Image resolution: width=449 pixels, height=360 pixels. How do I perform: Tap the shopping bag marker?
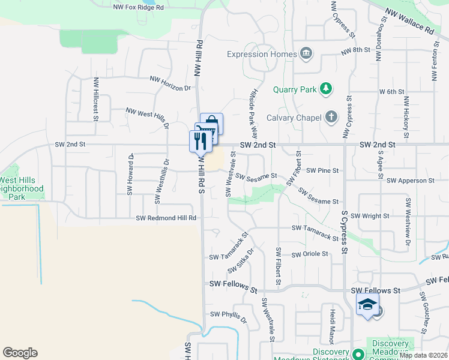(x=212, y=124)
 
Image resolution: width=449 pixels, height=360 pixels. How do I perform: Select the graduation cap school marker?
(x=367, y=305)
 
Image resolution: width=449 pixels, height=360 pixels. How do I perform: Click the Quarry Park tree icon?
(x=326, y=89)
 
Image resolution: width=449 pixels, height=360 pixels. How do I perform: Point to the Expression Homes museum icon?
(x=307, y=54)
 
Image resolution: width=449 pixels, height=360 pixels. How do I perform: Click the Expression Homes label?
(x=262, y=55)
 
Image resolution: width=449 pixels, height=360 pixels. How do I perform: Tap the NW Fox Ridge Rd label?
(x=139, y=8)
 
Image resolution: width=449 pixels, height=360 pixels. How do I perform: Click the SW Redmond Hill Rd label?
(x=166, y=218)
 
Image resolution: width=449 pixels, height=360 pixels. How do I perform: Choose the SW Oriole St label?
(x=310, y=254)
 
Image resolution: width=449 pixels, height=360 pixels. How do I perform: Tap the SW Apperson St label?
(x=411, y=181)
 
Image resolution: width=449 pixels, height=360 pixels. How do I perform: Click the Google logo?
(x=20, y=353)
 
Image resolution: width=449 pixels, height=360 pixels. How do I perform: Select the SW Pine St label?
(x=322, y=170)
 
